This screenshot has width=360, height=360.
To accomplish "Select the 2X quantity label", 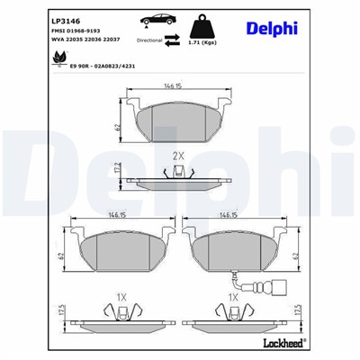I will tap(178, 156).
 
